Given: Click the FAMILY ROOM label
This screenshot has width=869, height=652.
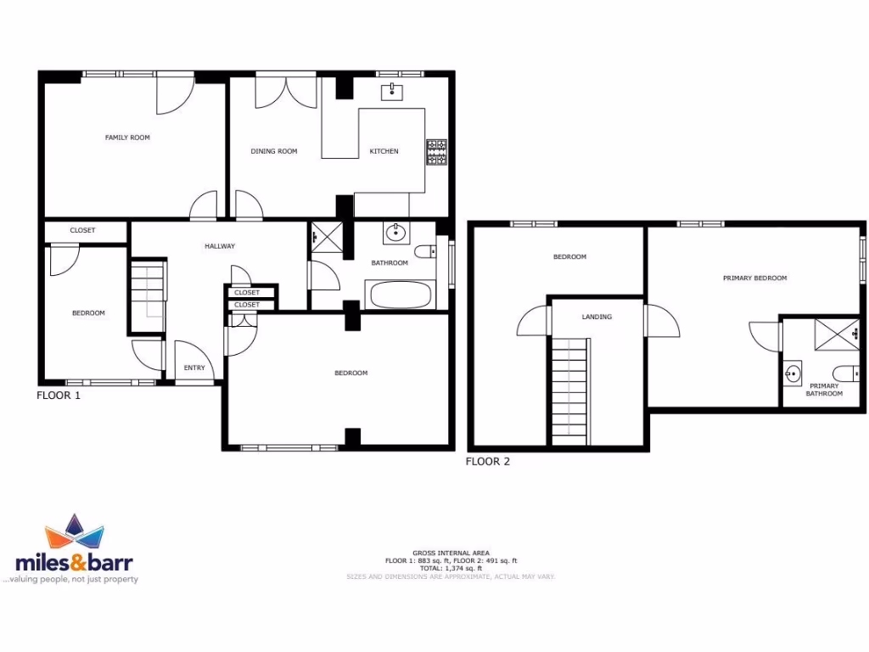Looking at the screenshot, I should pyautogui.click(x=127, y=138).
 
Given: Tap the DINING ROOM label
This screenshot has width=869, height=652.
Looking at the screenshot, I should pyautogui.click(x=274, y=151).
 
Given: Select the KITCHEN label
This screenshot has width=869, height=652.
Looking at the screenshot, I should pyautogui.click(x=384, y=151).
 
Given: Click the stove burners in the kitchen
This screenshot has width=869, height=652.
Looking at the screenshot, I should pyautogui.click(x=437, y=151).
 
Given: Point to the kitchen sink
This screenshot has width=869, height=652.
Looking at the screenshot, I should pyautogui.click(x=393, y=91).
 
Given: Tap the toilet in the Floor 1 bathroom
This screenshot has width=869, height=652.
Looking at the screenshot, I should pyautogui.click(x=426, y=251).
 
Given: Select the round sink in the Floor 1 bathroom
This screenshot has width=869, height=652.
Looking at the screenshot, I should pyautogui.click(x=395, y=233).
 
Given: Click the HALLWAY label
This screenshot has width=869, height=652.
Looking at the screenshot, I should pyautogui.click(x=219, y=246).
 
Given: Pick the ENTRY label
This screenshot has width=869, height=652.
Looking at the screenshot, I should pyautogui.click(x=194, y=368).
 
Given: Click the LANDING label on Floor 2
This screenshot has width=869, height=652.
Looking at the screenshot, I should pyautogui.click(x=597, y=317).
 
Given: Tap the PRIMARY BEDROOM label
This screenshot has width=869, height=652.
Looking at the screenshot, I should pyautogui.click(x=754, y=278).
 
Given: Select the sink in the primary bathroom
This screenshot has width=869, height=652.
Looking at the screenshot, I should pyautogui.click(x=793, y=372).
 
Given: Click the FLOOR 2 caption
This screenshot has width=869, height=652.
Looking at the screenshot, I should pyautogui.click(x=488, y=462).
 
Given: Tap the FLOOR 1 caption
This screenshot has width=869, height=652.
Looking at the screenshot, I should pyautogui.click(x=59, y=395).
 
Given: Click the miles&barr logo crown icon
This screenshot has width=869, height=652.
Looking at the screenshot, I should pyautogui.click(x=74, y=533).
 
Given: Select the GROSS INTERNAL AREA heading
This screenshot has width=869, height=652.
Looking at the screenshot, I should pyautogui.click(x=451, y=553).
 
